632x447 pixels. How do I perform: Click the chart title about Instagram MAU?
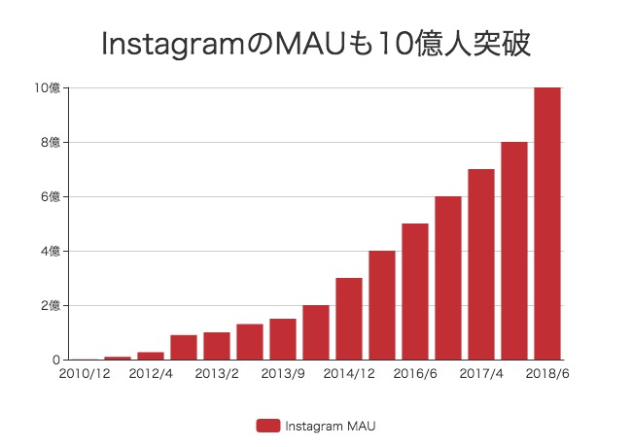click(x=316, y=44)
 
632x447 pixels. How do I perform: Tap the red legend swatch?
click(x=268, y=425)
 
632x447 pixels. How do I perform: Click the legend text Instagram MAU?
click(x=330, y=425)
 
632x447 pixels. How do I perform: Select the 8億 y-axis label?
click(x=51, y=143)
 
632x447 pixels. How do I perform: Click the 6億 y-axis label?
click(x=51, y=197)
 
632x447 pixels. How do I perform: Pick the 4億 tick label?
click(x=51, y=252)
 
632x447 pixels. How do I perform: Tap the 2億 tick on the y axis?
click(x=51, y=306)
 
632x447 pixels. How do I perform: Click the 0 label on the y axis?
click(x=58, y=361)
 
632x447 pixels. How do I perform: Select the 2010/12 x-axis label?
click(x=85, y=374)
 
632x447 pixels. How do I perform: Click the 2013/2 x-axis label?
click(x=217, y=374)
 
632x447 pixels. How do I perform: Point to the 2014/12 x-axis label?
click(x=349, y=374)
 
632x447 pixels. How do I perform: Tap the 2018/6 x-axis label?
click(x=545, y=374)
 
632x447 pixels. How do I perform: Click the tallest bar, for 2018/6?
click(x=547, y=223)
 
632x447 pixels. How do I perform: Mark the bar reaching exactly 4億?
click(x=382, y=305)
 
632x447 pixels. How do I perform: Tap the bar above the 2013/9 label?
click(x=283, y=339)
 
